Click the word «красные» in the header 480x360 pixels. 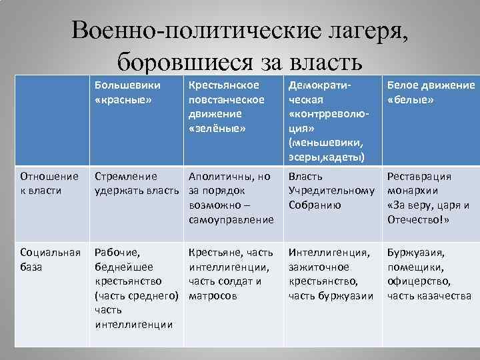pos(124,99)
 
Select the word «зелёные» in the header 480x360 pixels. pos(217,128)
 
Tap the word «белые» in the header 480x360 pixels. pos(411,99)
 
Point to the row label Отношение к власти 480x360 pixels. pos(50,183)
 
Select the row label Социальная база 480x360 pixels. pos(51,259)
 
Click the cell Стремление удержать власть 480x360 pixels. pos(137,183)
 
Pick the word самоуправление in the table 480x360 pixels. pos(231,219)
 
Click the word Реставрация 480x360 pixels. pos(419,177)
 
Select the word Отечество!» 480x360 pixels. pos(418,219)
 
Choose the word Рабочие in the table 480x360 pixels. pos(117,253)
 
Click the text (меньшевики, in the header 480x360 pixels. pos(324,143)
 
